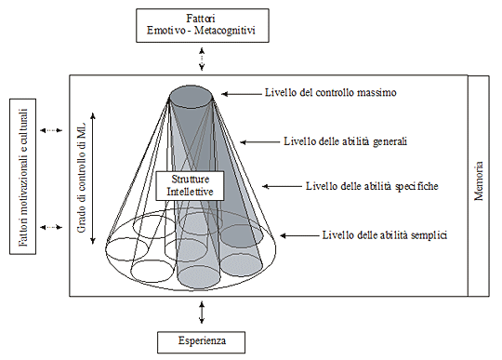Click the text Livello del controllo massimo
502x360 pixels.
point(330,93)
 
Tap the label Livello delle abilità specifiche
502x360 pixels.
point(371,185)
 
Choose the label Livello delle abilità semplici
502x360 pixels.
point(385,233)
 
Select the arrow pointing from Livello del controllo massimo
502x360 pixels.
point(244,93)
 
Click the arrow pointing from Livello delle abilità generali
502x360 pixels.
point(258,142)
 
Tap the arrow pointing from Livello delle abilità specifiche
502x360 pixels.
point(280,185)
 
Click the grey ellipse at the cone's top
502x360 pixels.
point(195,93)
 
